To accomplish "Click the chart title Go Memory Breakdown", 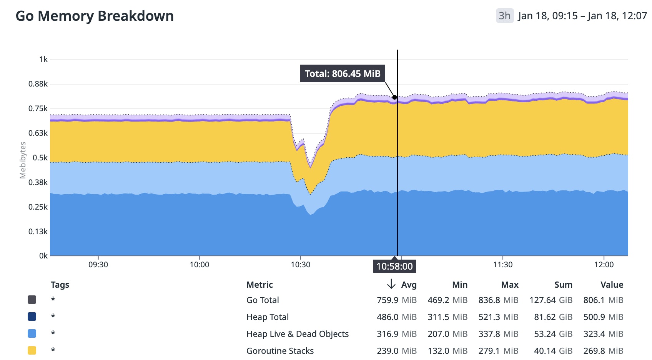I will tap(95, 16).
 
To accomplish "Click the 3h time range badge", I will tap(504, 16).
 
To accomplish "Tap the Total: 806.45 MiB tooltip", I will tap(342, 73).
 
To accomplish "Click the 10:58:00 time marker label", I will tap(394, 266).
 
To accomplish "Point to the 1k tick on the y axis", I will tap(43, 59).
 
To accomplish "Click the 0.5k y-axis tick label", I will tap(40, 158).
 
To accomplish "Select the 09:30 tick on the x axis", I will tap(98, 265).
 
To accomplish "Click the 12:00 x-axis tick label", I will tap(604, 265).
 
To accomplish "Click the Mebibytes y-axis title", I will tap(23, 160).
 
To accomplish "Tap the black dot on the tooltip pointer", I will tap(394, 97).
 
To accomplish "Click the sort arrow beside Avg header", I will tap(391, 284).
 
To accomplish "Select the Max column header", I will tap(509, 285).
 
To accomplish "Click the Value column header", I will tap(612, 285).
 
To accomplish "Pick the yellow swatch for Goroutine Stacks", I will tap(32, 350).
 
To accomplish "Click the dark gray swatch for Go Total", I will tap(32, 300).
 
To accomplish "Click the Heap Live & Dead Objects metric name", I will tap(297, 334).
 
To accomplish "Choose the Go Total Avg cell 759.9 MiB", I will tap(396, 300).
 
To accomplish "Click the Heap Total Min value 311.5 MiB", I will tap(447, 317).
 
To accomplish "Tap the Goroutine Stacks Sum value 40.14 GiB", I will tap(553, 351).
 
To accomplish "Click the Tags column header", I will tap(60, 285).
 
